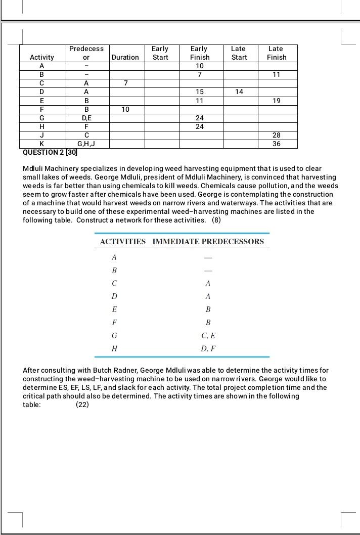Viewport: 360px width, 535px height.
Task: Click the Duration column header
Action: (125, 57)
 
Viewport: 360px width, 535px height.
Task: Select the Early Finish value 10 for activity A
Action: (200, 66)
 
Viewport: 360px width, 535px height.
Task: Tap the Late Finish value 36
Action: (277, 144)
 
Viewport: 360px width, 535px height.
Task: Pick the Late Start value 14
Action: (239, 92)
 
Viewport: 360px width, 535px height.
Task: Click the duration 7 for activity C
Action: (125, 83)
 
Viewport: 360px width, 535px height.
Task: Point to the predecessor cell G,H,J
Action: (86, 144)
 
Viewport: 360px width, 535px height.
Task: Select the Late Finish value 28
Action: (277, 135)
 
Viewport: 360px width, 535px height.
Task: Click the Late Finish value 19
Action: (277, 101)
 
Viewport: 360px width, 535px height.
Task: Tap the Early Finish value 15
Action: (200, 92)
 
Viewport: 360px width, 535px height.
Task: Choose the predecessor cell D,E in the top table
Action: (86, 118)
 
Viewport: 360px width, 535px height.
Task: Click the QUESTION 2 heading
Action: (50, 152)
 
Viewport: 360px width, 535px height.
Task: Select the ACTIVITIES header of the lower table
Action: (123, 241)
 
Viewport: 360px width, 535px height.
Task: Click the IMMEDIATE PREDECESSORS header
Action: (208, 241)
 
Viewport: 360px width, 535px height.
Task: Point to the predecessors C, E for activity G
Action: (208, 335)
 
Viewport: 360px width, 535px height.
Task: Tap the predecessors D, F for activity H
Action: (208, 348)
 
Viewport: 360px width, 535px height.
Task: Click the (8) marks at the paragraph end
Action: (216, 220)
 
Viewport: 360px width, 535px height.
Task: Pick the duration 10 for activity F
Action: (125, 109)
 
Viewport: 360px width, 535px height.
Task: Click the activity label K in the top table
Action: (42, 144)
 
